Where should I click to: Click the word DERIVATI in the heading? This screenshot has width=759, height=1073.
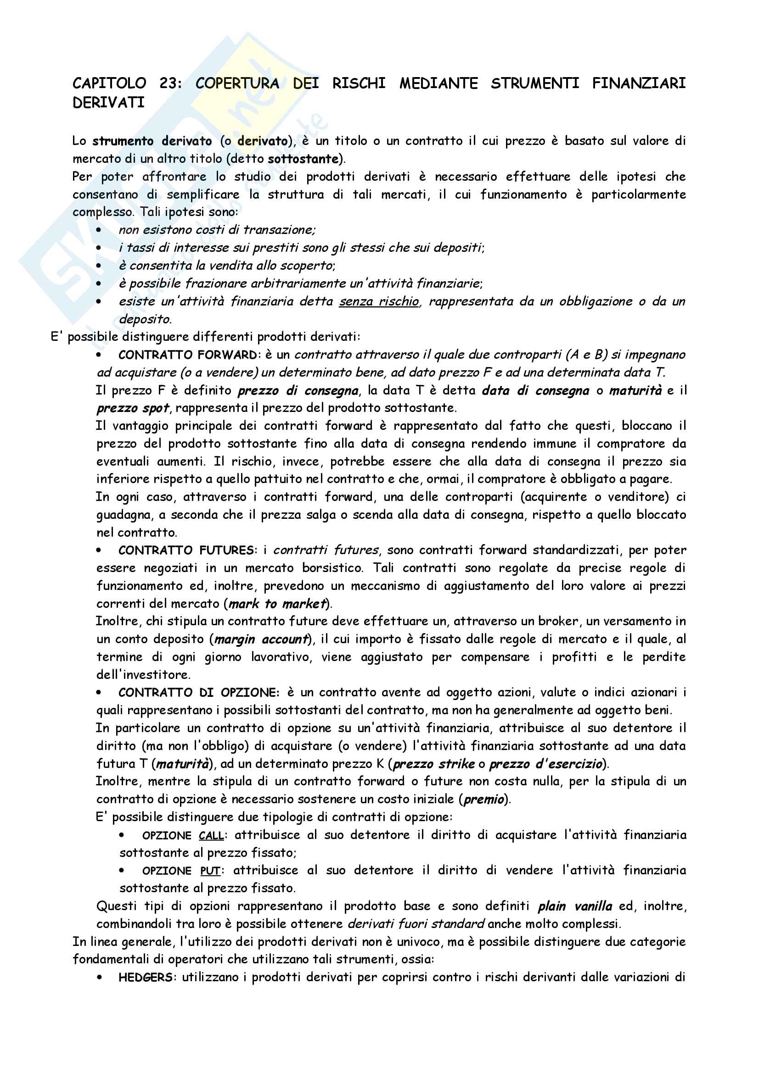coord(108,103)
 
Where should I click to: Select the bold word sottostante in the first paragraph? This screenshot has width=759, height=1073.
coord(303,159)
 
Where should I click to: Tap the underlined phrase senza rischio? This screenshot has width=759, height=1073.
coord(379,301)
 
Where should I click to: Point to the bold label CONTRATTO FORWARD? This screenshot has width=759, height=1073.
coord(187,355)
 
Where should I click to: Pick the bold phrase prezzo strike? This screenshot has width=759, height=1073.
coord(433,764)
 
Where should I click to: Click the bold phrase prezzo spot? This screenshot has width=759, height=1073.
coord(132,408)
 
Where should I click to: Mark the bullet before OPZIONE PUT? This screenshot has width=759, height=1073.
coord(122,871)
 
